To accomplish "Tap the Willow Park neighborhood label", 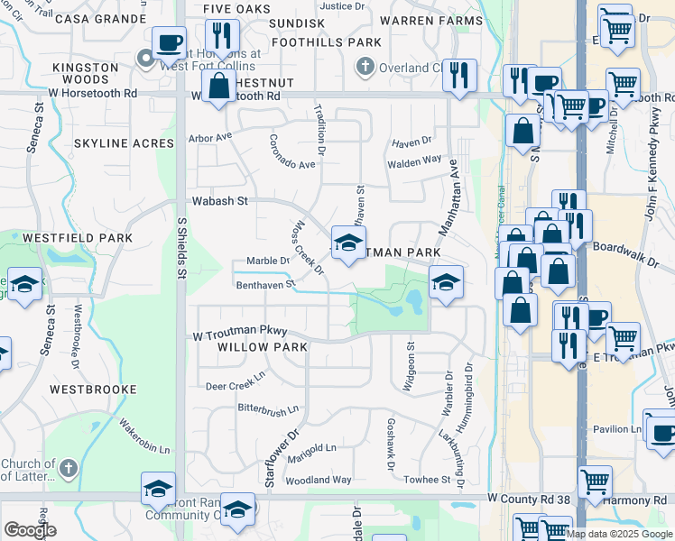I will (256, 346).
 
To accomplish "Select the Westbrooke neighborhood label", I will (93, 390).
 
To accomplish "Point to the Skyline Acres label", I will (124, 143).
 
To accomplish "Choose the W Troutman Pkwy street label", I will (240, 333).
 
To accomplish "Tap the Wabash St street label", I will (218, 202).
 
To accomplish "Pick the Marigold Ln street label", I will (311, 448).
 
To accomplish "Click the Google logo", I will (31, 530).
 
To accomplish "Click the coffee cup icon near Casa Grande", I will (169, 41).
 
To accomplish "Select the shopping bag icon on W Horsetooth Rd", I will (219, 87).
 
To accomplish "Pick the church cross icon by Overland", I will (365, 66).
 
